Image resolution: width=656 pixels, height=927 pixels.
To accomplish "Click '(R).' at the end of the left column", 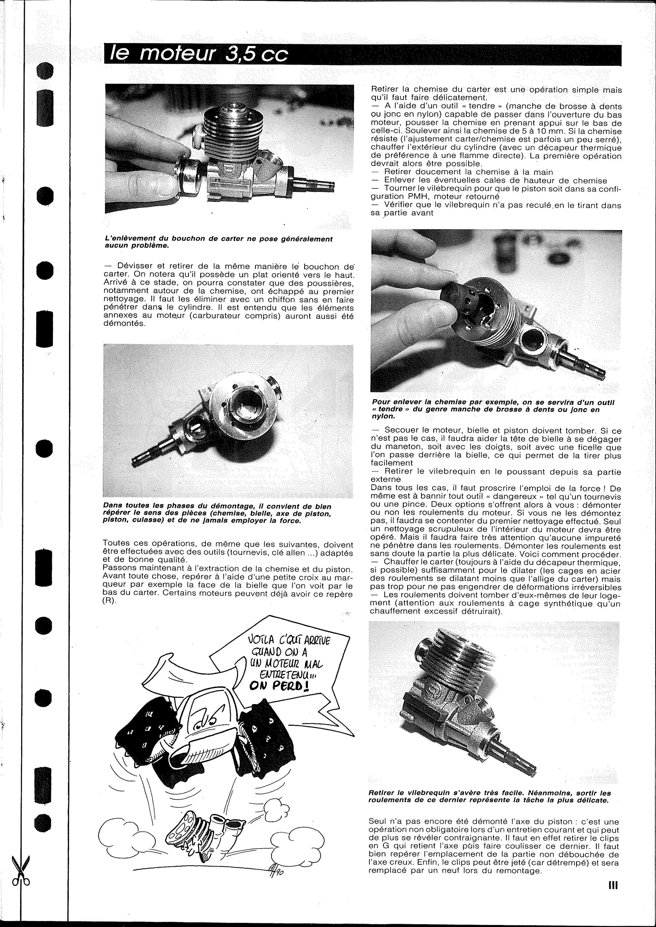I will point(109,603).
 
